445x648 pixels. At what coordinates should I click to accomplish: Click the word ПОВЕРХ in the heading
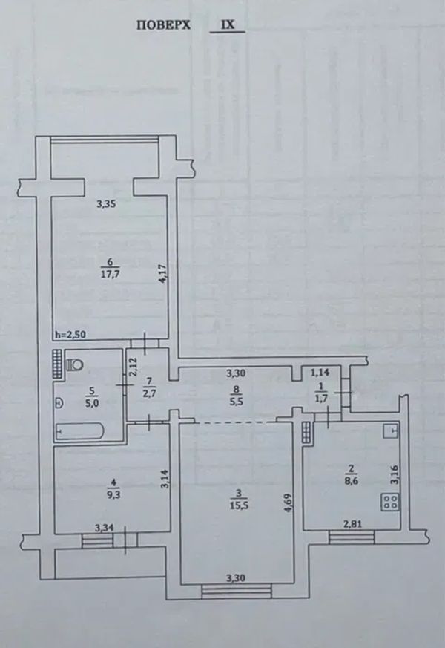click(163, 25)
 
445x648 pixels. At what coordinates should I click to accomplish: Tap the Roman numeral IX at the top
click(228, 24)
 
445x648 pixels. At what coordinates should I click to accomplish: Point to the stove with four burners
click(390, 502)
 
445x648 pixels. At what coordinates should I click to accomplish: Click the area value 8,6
click(352, 481)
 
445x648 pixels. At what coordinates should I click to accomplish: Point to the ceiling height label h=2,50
click(70, 334)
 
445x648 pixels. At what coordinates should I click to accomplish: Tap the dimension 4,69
click(288, 503)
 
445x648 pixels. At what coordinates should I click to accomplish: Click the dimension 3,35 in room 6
click(105, 203)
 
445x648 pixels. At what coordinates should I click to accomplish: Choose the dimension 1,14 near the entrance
click(320, 373)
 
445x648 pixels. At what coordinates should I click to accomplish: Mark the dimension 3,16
click(395, 475)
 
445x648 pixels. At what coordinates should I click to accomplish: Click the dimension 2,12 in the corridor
click(132, 367)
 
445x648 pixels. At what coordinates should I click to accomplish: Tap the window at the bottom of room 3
click(237, 591)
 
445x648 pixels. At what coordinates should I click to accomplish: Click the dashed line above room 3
click(236, 422)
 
